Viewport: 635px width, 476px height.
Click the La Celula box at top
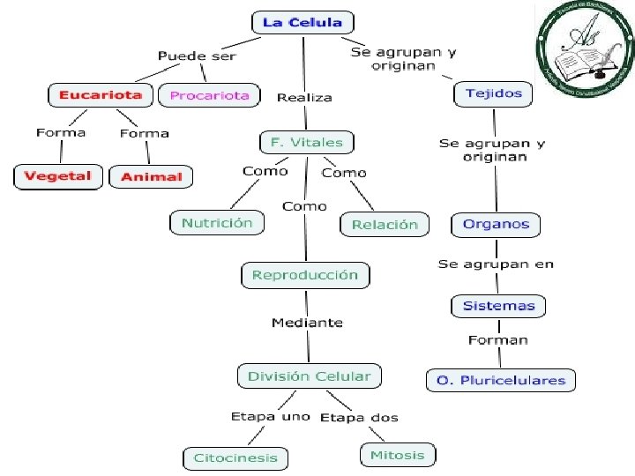click(302, 23)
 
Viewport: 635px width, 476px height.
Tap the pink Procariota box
click(209, 95)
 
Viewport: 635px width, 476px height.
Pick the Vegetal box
click(57, 176)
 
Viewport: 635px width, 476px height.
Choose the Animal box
click(151, 177)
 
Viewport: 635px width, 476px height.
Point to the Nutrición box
click(216, 223)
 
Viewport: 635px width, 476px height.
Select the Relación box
click(384, 225)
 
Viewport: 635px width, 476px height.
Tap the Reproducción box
click(305, 275)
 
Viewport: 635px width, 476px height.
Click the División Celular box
click(309, 376)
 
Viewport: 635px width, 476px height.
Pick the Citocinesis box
click(235, 458)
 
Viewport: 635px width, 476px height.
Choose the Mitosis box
click(397, 456)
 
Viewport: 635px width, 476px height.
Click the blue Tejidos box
click(494, 93)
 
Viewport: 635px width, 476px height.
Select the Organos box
click(496, 224)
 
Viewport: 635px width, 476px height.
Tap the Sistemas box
click(498, 306)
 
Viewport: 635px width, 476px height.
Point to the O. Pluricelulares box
click(500, 381)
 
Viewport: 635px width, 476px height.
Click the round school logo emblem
click(585, 49)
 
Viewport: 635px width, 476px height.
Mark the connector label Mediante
click(307, 324)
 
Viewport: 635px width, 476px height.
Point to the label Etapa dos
click(359, 417)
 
